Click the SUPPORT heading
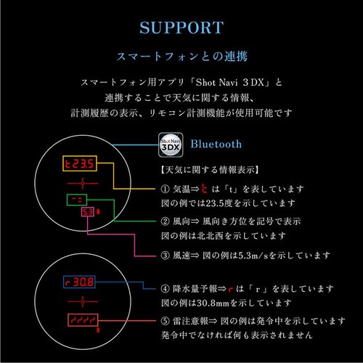click(x=181, y=28)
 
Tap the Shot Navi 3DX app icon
click(x=171, y=145)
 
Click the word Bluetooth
click(x=216, y=144)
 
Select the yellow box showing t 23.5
click(x=80, y=163)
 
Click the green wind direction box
click(x=77, y=200)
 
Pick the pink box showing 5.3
click(x=88, y=212)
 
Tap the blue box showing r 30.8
click(x=79, y=282)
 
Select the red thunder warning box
click(x=83, y=320)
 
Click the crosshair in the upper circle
click(x=83, y=183)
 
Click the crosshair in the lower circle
click(x=83, y=301)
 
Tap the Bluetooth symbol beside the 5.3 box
click(x=98, y=212)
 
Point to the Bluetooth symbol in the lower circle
click(x=98, y=330)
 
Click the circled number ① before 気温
click(x=165, y=189)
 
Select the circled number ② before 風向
click(x=165, y=221)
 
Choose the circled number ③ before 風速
click(x=165, y=256)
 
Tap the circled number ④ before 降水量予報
click(x=165, y=288)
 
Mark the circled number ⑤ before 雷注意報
click(x=165, y=321)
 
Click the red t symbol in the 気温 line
click(x=205, y=189)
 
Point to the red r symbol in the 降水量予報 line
click(x=231, y=289)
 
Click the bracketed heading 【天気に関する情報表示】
click(x=210, y=170)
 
